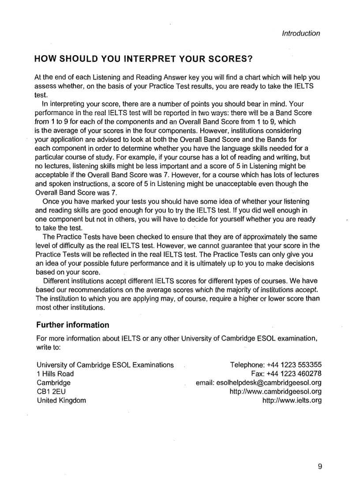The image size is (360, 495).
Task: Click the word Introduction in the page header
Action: coord(301,33)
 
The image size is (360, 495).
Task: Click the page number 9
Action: coord(319,466)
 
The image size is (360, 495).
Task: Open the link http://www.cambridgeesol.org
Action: coord(275,391)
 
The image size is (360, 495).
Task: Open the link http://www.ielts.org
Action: coord(292,400)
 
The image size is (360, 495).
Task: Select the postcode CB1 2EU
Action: coord(51,391)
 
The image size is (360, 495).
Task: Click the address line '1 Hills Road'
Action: coord(55,374)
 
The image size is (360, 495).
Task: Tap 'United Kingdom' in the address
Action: coord(61,400)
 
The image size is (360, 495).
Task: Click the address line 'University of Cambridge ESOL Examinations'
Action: coord(105,365)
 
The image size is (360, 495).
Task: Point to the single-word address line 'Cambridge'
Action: coord(53,383)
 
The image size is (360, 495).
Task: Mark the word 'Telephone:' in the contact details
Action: coord(247,365)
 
